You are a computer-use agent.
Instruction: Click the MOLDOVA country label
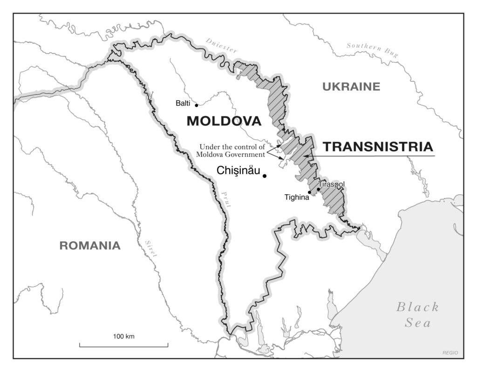[224, 121]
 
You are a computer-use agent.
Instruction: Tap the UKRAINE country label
[351, 86]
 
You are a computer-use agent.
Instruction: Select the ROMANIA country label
[89, 246]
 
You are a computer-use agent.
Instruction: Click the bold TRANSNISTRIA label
[378, 147]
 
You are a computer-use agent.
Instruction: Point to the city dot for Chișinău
[265, 176]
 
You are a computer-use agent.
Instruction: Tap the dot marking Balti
[197, 105]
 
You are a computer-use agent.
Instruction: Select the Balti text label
[183, 103]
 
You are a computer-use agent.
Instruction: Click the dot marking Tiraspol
[319, 189]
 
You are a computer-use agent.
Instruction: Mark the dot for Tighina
[309, 192]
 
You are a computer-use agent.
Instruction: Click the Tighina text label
[297, 197]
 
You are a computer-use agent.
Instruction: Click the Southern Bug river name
[372, 50]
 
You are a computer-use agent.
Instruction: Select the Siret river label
[151, 248]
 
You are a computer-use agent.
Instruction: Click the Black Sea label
[417, 314]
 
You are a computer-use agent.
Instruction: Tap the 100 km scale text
[123, 337]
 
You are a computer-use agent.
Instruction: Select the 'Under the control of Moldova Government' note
[232, 150]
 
